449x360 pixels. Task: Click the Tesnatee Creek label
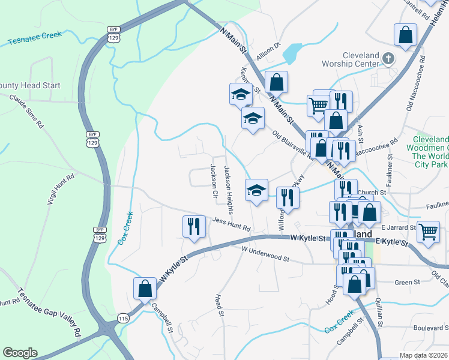[x=35, y=38]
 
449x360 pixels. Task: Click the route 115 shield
[x=124, y=318]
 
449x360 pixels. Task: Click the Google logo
[x=20, y=353]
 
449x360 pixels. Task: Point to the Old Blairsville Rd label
[x=292, y=146]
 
